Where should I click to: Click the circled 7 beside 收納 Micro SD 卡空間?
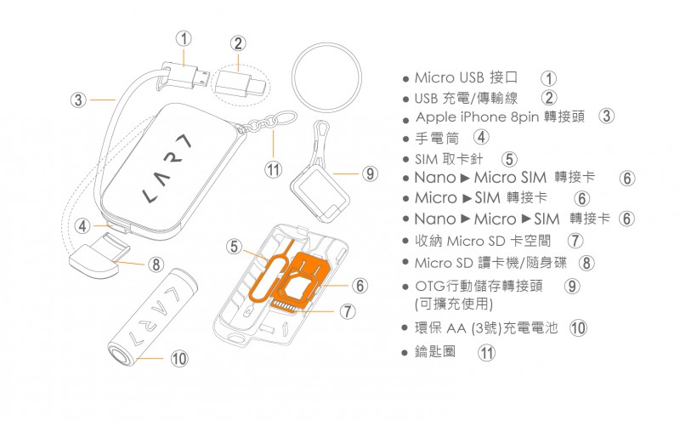575,242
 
